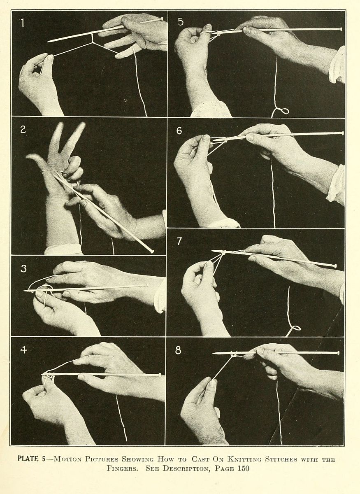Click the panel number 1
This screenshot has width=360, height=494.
click(23, 23)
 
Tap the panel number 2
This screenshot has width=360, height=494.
click(23, 129)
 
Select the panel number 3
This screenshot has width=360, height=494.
click(23, 268)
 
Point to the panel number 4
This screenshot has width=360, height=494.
click(24, 350)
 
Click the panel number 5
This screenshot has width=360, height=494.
click(181, 21)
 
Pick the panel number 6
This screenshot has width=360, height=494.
click(179, 130)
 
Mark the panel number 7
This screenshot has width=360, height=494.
click(179, 241)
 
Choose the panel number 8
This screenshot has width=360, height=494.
click(178, 350)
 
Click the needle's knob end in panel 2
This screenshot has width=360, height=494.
click(151, 252)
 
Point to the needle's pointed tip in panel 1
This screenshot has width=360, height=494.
click(48, 41)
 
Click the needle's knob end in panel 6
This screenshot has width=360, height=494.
click(342, 133)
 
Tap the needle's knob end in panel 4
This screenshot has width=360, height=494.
click(160, 374)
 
